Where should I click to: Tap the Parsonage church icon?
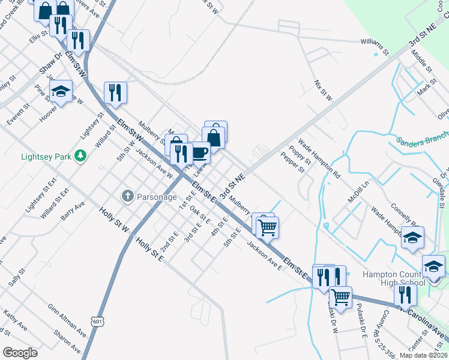pos(127,196)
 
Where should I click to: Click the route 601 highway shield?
pos(98,322)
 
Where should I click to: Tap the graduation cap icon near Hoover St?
pos(61,92)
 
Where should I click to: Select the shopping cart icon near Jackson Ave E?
pos(267,227)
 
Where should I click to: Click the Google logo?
pos(20,353)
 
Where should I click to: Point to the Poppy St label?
pos(300,154)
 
